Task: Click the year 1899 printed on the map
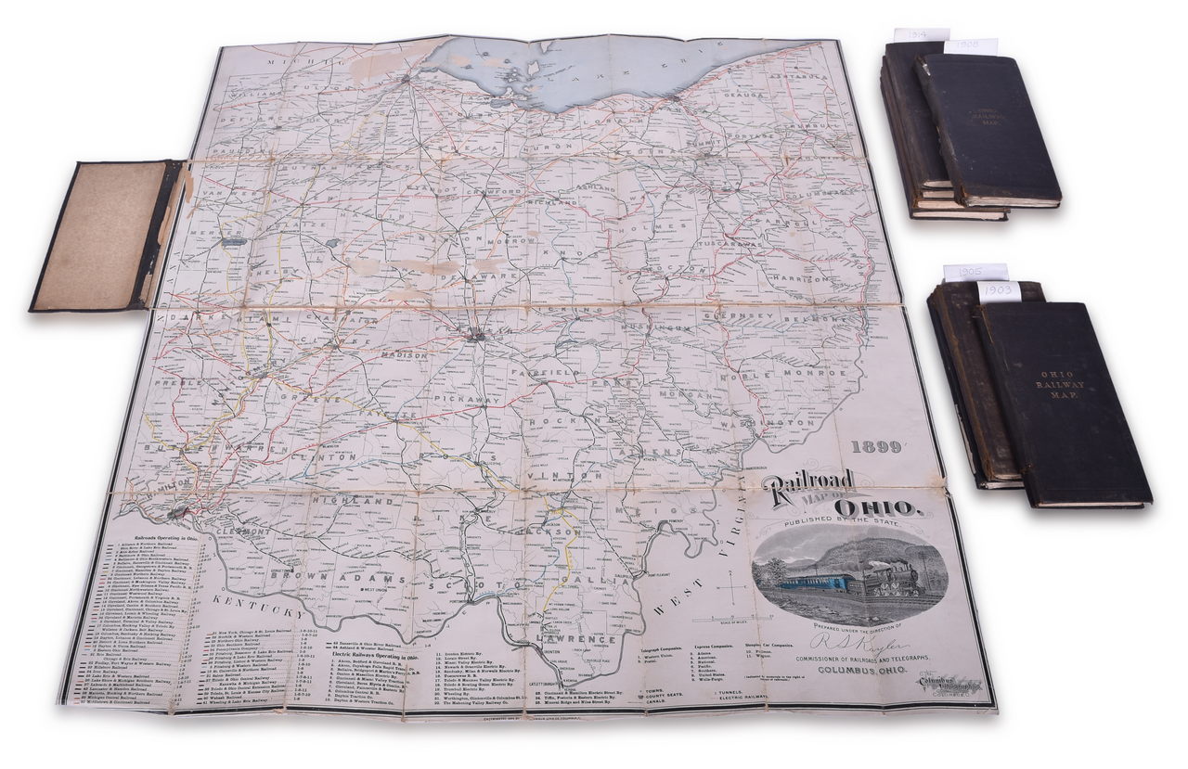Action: click(x=876, y=447)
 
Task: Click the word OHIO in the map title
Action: click(x=877, y=507)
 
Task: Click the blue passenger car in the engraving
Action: click(x=817, y=582)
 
